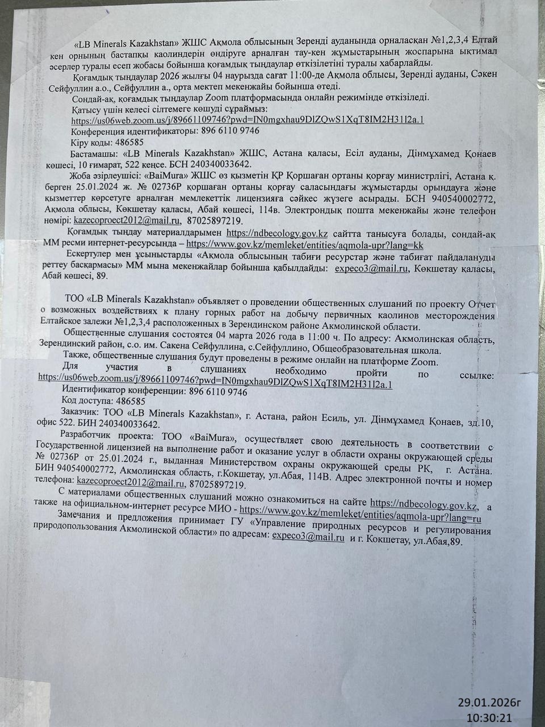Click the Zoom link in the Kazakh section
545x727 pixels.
pos(248,120)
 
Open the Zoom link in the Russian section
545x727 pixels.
pos(215,385)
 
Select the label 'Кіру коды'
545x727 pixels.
pos(91,142)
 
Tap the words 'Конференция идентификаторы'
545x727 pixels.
pos(133,131)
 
